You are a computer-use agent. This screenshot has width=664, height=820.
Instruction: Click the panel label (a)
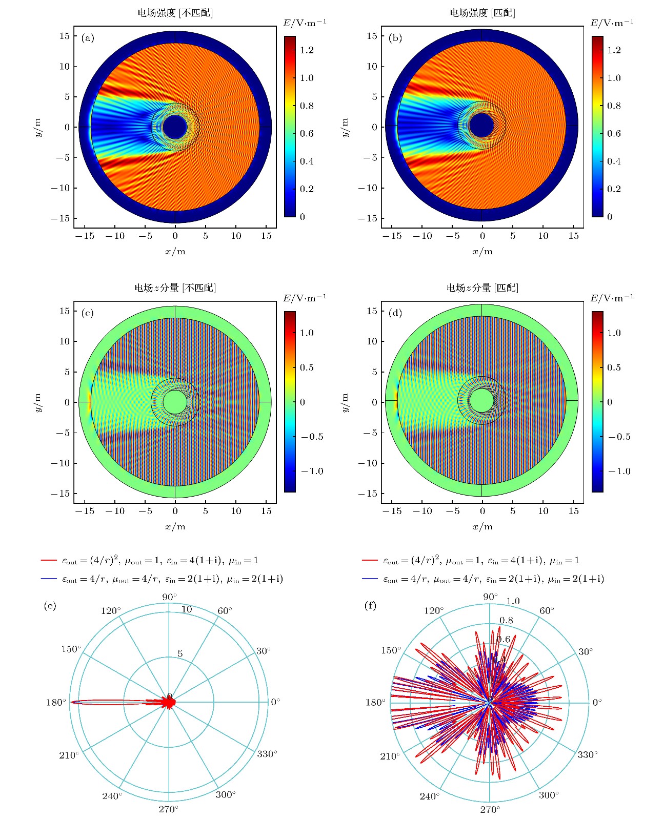point(88,38)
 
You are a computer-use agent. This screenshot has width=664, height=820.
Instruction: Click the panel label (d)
point(395,313)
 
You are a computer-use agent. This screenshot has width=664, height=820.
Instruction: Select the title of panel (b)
point(482,13)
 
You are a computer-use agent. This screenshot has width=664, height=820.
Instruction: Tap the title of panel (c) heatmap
point(175,288)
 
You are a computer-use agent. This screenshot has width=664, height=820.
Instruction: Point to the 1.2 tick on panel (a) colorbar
point(307,50)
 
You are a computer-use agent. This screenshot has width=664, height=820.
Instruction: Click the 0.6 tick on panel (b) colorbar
point(614,134)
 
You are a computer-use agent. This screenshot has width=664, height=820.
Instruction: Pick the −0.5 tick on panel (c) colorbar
point(312,437)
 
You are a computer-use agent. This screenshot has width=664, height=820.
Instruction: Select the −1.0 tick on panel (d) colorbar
point(619,471)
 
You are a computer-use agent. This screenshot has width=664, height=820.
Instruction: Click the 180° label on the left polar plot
point(56,702)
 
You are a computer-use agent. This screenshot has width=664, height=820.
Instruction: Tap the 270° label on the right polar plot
point(490,810)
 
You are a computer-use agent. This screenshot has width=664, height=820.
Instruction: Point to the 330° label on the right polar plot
point(588,755)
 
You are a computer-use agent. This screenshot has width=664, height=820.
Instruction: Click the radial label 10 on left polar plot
point(187,609)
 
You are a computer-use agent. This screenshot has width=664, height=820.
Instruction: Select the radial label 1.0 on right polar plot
point(513,601)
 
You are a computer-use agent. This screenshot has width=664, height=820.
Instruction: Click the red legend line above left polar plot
point(49,561)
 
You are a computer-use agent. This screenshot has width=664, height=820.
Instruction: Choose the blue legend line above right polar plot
point(370,579)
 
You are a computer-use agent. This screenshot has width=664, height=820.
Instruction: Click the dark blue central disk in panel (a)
point(175,127)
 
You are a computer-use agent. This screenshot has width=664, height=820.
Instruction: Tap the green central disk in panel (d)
point(481,400)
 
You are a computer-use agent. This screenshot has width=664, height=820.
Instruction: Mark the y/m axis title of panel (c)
point(38,402)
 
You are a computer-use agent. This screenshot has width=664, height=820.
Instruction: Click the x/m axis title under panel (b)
point(482,252)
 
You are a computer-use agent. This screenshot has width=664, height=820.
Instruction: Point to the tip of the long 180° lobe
point(72,702)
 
